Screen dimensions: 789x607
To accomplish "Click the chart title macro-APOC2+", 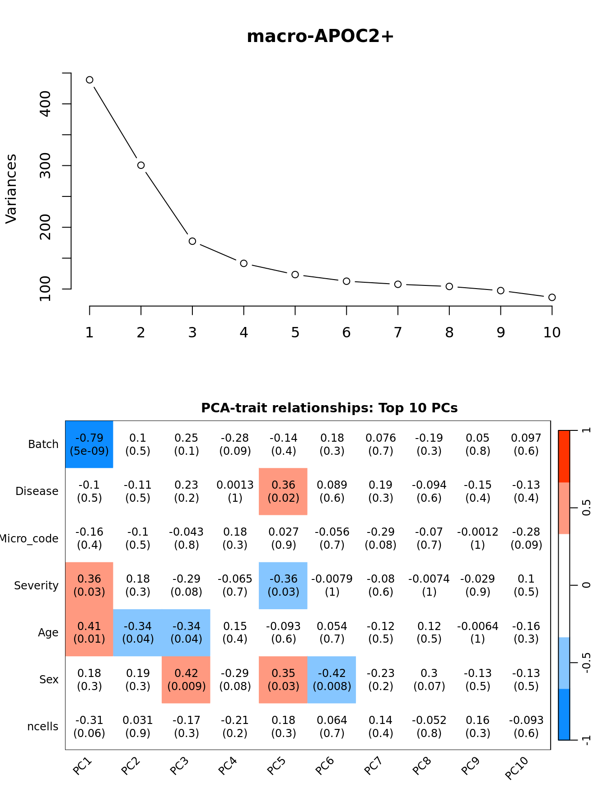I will point(320,37).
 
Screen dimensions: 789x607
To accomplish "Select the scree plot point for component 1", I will point(89,80).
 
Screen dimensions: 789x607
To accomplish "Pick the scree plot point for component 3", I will point(192,241).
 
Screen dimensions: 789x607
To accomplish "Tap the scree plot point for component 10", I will point(552,297).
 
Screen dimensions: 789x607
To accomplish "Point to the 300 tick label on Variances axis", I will point(46,166).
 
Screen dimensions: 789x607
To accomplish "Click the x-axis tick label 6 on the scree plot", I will point(346,333).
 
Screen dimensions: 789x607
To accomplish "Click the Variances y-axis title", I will point(11,189).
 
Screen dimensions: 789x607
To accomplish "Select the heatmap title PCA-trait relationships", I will point(329,408).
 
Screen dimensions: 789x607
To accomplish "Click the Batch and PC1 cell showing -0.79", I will point(89,444).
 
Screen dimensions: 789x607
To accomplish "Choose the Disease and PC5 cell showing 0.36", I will point(283,491).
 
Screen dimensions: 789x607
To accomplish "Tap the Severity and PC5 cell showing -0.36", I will point(283,585).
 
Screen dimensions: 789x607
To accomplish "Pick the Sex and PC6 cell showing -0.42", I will point(332,680).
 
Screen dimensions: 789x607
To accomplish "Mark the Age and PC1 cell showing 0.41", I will point(89,632).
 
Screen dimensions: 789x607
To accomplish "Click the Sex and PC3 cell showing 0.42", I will point(186,680).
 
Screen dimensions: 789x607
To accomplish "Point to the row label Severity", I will point(36,586).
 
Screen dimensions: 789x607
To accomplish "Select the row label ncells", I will point(43,727).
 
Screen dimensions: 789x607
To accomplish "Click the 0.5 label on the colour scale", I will point(586,508).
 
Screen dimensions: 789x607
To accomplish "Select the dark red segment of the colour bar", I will point(564,456).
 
